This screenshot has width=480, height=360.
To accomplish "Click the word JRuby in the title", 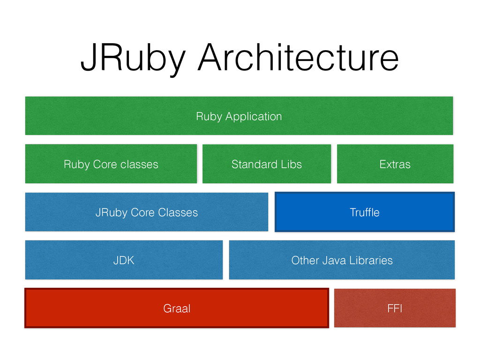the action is (133, 59).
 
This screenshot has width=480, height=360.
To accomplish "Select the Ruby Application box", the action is (239, 116).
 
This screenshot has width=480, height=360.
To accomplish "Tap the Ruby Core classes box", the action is (111, 164).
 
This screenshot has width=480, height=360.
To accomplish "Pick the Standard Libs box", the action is (267, 164).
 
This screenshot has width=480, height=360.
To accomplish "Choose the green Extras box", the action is (395, 164).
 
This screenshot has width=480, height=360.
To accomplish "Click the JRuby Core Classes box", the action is (147, 212).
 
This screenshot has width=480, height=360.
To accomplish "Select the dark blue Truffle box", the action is (365, 212).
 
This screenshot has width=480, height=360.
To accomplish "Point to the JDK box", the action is (124, 260).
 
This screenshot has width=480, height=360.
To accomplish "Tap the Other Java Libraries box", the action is (342, 260).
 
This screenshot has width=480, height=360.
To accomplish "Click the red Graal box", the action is (177, 308).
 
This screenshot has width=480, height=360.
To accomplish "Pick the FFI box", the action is (395, 308).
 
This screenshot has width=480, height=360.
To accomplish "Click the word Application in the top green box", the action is (254, 117).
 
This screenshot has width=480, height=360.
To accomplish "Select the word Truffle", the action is (365, 212).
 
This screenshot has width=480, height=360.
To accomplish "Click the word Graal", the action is (177, 308).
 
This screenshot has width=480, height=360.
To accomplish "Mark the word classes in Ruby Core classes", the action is (139, 165).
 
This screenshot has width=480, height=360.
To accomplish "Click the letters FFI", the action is (395, 308).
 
